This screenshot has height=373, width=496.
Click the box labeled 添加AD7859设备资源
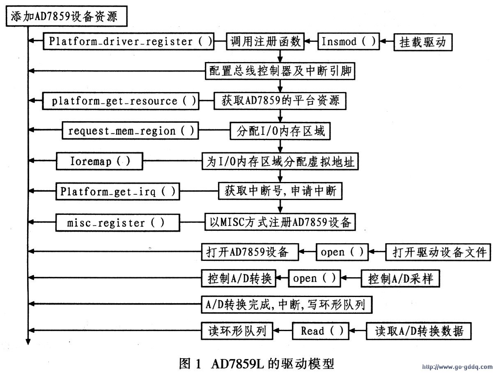click(x=67, y=16)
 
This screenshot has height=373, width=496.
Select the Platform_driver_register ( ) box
click(x=129, y=41)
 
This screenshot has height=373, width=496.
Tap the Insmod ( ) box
click(x=349, y=41)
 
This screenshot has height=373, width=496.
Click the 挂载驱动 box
click(x=423, y=42)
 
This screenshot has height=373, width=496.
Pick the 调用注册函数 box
click(x=265, y=41)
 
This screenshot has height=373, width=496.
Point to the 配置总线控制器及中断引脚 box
click(x=280, y=71)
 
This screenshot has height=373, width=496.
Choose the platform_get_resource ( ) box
click(x=121, y=101)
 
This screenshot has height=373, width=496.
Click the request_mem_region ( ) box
click(x=131, y=131)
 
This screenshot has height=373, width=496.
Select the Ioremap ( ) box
click(x=99, y=161)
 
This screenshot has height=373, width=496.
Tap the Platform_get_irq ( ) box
click(x=118, y=191)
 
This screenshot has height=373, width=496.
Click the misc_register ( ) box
click(x=118, y=223)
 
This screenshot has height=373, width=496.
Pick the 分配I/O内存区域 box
click(x=280, y=131)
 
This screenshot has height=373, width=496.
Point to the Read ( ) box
click(x=321, y=331)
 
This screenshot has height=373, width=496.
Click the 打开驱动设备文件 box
click(x=438, y=252)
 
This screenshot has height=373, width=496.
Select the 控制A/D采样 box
click(x=400, y=279)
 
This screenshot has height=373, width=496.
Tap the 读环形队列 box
click(x=237, y=331)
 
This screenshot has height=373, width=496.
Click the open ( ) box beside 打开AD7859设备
click(x=342, y=252)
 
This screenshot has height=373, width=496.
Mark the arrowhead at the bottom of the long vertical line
click(x=28, y=342)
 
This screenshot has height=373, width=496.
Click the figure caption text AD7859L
click(x=237, y=364)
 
